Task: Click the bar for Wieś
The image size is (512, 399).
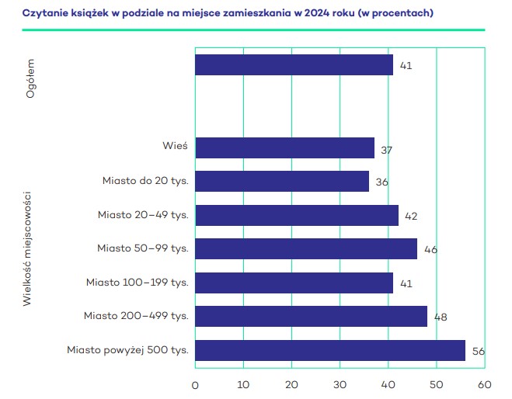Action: click(284, 147)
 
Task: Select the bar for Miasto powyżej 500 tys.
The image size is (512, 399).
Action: click(329, 350)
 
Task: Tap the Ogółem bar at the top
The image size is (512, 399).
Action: click(294, 64)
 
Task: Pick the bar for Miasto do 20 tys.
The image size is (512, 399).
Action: click(281, 181)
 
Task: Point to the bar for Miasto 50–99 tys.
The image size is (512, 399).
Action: click(305, 248)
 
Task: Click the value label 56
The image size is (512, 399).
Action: click(478, 352)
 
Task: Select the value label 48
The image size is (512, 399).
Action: click(441, 317)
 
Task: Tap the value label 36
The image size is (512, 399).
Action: click(381, 182)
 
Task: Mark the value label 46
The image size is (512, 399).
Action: click(430, 250)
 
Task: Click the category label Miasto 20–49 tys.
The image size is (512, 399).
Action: click(144, 214)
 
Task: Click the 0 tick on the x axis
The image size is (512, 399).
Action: click(195, 383)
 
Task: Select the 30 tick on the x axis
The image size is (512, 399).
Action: click(340, 383)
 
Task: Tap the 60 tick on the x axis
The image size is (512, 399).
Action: click(485, 383)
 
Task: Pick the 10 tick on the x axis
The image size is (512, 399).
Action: click(243, 383)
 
